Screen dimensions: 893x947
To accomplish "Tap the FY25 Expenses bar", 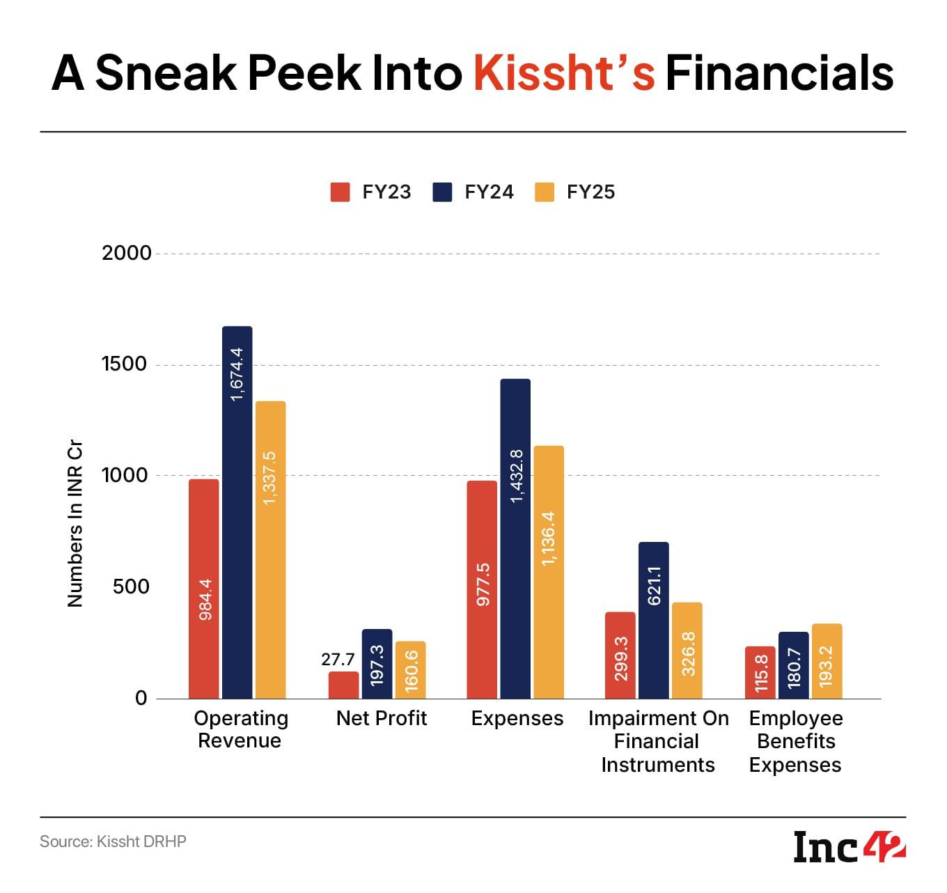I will [x=548, y=572].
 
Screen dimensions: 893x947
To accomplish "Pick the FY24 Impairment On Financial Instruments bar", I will [x=653, y=620].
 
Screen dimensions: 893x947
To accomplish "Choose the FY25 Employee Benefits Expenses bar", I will [x=827, y=661].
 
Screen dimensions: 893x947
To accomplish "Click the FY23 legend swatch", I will [x=340, y=192].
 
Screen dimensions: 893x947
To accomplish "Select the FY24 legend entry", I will [x=473, y=192].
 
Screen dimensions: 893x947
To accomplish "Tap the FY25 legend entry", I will [x=575, y=192].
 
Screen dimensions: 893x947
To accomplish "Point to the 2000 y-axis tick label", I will [x=127, y=253].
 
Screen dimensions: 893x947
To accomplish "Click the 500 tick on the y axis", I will [x=132, y=587].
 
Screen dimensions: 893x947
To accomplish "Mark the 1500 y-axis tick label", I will [x=127, y=364].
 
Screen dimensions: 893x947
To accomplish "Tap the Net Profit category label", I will [x=382, y=718].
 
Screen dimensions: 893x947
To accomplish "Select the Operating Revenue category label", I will [x=240, y=729].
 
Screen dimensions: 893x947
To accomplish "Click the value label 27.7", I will [x=338, y=659].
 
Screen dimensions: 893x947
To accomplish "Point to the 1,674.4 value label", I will [x=237, y=373].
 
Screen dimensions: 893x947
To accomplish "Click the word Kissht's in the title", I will [x=564, y=74].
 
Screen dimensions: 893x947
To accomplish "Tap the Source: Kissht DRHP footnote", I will [x=113, y=841].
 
